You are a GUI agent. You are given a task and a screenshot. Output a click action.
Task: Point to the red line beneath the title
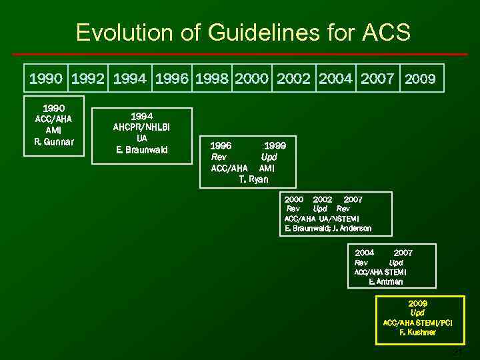pyautogui.click(x=240, y=54)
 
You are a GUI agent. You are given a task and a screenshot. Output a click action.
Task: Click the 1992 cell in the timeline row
pyautogui.click(x=89, y=79)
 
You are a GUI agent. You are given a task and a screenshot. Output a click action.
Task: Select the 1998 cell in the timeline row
pyautogui.click(x=213, y=79)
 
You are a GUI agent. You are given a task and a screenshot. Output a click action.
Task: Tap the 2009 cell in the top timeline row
pyautogui.click(x=420, y=79)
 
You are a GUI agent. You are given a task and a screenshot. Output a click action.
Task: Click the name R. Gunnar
pyautogui.click(x=54, y=141)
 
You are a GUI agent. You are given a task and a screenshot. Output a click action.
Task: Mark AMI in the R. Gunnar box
pyautogui.click(x=54, y=130)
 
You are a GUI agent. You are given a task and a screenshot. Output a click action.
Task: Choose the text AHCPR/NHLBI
pyautogui.click(x=141, y=127)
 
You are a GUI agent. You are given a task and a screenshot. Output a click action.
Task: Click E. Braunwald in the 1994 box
pyautogui.click(x=141, y=149)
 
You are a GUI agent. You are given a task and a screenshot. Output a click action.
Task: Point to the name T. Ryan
pyautogui.click(x=253, y=179)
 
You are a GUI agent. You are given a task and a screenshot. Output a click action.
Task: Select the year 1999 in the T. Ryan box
pyautogui.click(x=275, y=145)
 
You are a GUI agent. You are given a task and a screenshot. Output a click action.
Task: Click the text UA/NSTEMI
pyautogui.click(x=339, y=219)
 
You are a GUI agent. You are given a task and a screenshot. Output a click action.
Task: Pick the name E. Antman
pyautogui.click(x=385, y=281)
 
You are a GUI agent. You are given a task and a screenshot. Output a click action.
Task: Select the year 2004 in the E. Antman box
pyautogui.click(x=365, y=253)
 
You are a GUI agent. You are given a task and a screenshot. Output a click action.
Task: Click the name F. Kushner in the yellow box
pyautogui.click(x=417, y=332)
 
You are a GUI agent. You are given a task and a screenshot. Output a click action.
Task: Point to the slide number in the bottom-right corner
pyautogui.click(x=457, y=351)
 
